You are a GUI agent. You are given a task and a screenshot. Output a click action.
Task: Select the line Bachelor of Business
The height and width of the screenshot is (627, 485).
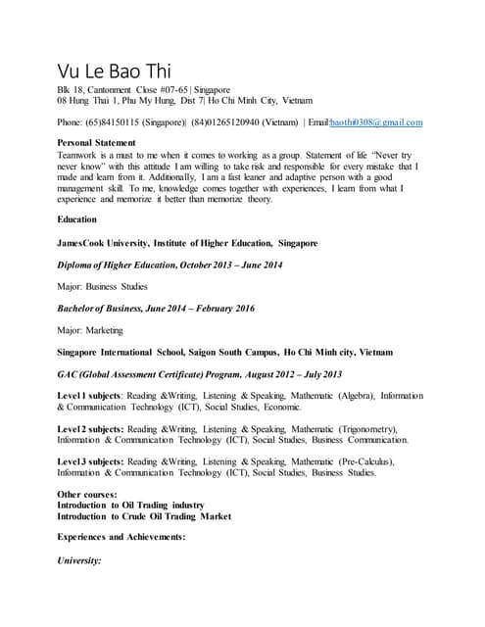point(156,309)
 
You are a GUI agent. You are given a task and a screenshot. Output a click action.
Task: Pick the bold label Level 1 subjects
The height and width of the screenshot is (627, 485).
point(89,396)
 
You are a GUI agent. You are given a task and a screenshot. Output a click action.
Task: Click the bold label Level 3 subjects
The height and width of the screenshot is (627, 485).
point(89,461)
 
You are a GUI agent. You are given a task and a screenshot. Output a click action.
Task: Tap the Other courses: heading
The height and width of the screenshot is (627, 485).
point(88,495)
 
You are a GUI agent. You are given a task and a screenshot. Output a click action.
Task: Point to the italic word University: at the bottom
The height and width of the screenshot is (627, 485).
point(80,560)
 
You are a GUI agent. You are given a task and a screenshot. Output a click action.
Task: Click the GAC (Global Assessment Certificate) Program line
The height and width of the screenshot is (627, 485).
point(175,374)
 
